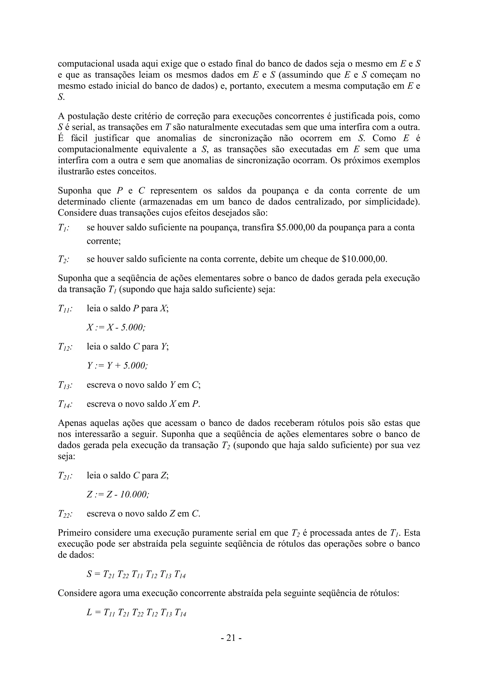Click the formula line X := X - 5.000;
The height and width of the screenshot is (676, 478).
(x=116, y=328)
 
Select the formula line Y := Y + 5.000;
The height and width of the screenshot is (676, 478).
(x=117, y=366)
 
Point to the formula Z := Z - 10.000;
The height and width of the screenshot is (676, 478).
(x=118, y=495)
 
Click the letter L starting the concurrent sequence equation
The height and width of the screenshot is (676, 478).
(x=89, y=613)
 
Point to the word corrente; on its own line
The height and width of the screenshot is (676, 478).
(x=104, y=241)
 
